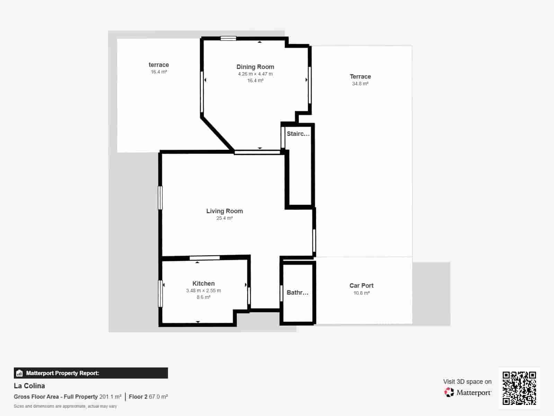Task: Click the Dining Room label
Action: pos(255,67)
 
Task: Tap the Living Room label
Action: pos(224,211)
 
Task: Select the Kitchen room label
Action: pos(203,283)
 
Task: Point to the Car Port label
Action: pos(361,285)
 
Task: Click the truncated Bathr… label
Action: pos(297,293)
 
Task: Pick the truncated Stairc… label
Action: pos(298,134)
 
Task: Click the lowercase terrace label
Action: pos(159,65)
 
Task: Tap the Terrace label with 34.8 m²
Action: pos(360,77)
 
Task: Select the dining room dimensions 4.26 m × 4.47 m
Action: pos(255,74)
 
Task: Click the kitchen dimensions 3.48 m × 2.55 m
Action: pos(203,291)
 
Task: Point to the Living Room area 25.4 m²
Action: pos(224,218)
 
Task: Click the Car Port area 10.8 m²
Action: pos(361,293)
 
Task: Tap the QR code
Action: pos(519,388)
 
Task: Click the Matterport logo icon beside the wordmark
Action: pos(449,392)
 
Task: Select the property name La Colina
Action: pos(29,385)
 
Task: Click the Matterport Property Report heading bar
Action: pos(91,373)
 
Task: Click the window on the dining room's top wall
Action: pos(229,38)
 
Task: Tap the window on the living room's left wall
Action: pos(160,198)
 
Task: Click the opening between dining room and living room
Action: pos(257,152)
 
